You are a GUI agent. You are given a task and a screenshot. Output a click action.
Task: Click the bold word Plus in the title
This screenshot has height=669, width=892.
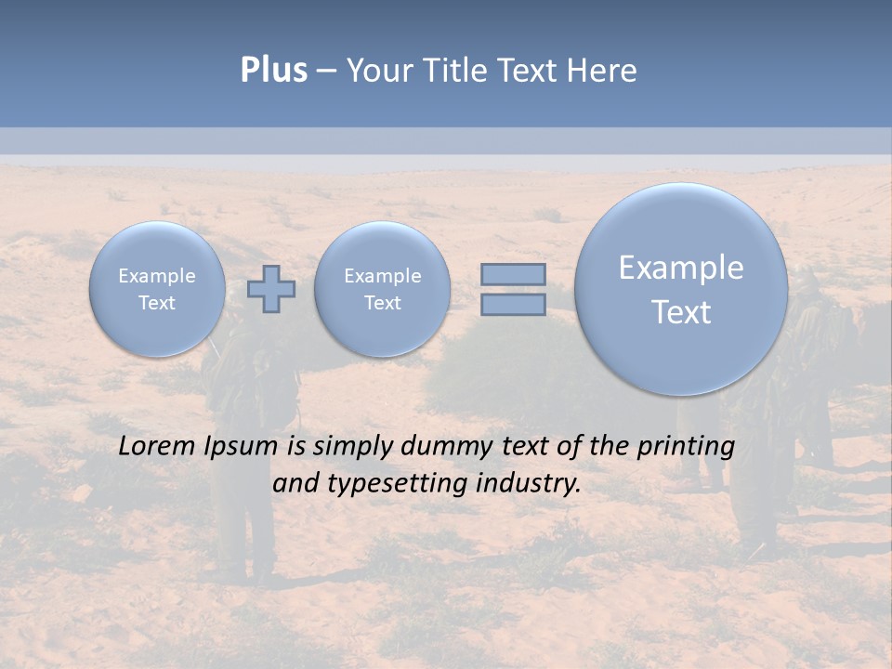pos(273,71)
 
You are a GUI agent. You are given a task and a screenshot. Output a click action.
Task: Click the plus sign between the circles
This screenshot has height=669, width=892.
pos(271,289)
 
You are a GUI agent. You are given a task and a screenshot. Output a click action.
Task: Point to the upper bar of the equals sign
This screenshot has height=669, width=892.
pos(512,274)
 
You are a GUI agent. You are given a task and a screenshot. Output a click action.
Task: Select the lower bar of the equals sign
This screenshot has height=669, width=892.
pos(512,304)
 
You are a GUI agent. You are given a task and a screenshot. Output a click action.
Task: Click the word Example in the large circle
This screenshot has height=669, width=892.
pos(681,268)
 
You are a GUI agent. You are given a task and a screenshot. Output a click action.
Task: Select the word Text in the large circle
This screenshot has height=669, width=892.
pos(681,312)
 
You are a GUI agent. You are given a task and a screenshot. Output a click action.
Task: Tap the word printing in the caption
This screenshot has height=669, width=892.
pos(688,447)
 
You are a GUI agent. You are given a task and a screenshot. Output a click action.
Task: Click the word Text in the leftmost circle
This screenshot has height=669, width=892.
pos(157,303)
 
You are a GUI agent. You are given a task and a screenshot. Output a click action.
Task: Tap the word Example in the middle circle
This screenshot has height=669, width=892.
pos(382,276)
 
